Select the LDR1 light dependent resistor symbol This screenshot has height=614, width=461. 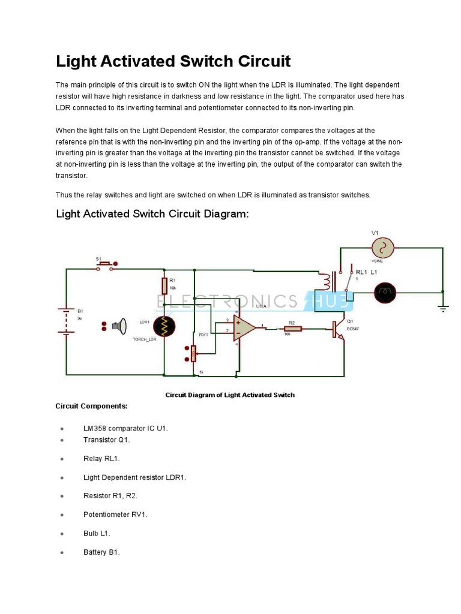coord(164,327)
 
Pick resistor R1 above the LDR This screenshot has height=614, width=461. coord(164,285)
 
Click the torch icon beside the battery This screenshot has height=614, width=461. coord(119,326)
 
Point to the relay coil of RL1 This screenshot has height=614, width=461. coord(327,281)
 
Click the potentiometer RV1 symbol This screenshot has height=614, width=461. coord(193,354)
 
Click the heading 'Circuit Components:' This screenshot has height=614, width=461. coord(91,406)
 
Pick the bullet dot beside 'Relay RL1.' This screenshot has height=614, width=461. coord(62,459)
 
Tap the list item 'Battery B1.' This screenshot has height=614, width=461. coord(101,552)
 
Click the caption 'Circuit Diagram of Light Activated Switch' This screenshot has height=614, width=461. coord(230,395)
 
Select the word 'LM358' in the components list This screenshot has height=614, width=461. coord(95,429)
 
